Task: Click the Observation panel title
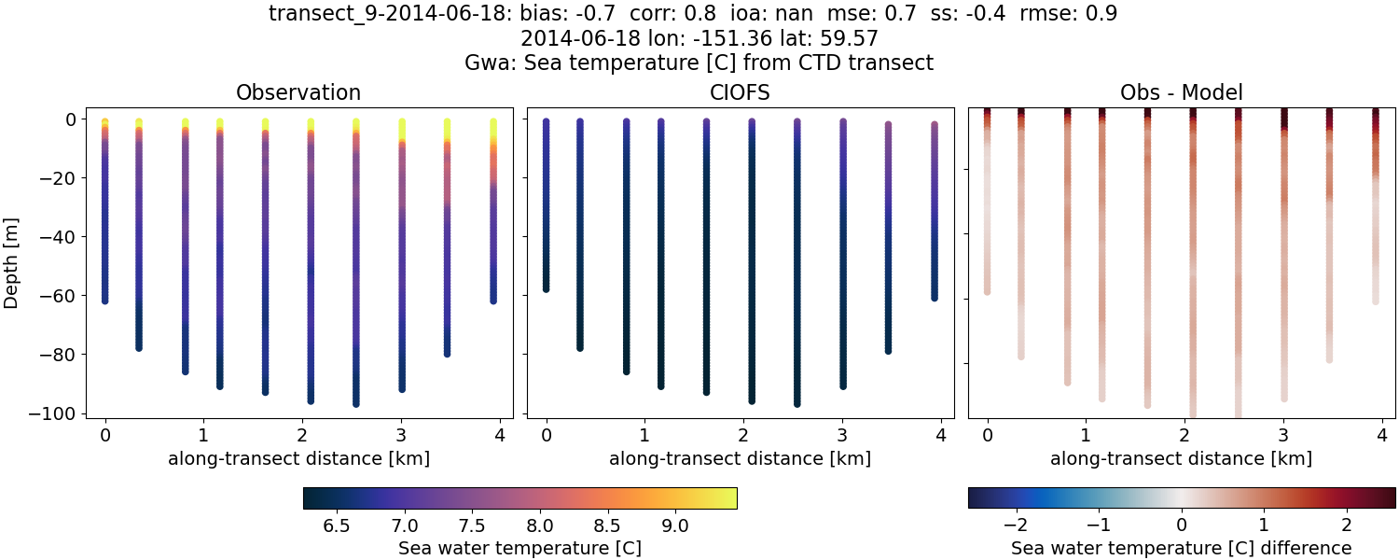[x=298, y=92]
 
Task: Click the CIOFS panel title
[x=740, y=92]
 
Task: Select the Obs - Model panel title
[x=1181, y=92]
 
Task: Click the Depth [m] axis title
[x=12, y=265]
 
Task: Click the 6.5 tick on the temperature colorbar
[x=336, y=525]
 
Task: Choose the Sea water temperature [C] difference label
[x=1181, y=548]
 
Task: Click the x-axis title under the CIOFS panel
[x=740, y=458]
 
